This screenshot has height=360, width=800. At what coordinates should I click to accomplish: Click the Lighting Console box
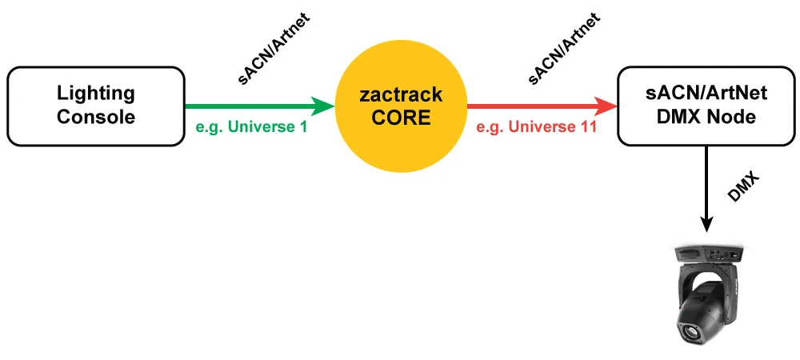tap(96, 106)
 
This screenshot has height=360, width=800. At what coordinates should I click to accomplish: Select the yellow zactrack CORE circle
tap(400, 106)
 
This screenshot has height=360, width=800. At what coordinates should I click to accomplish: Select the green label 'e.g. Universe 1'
tap(250, 127)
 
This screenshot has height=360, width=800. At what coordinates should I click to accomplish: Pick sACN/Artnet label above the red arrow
tap(563, 49)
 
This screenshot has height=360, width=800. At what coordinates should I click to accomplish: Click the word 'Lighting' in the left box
tap(96, 94)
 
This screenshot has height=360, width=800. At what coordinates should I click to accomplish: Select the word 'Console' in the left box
tap(96, 117)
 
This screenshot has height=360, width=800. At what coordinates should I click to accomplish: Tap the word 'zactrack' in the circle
tap(400, 95)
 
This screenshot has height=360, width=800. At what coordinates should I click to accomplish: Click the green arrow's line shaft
tap(248, 106)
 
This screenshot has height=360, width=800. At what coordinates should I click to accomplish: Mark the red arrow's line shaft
tap(532, 106)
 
